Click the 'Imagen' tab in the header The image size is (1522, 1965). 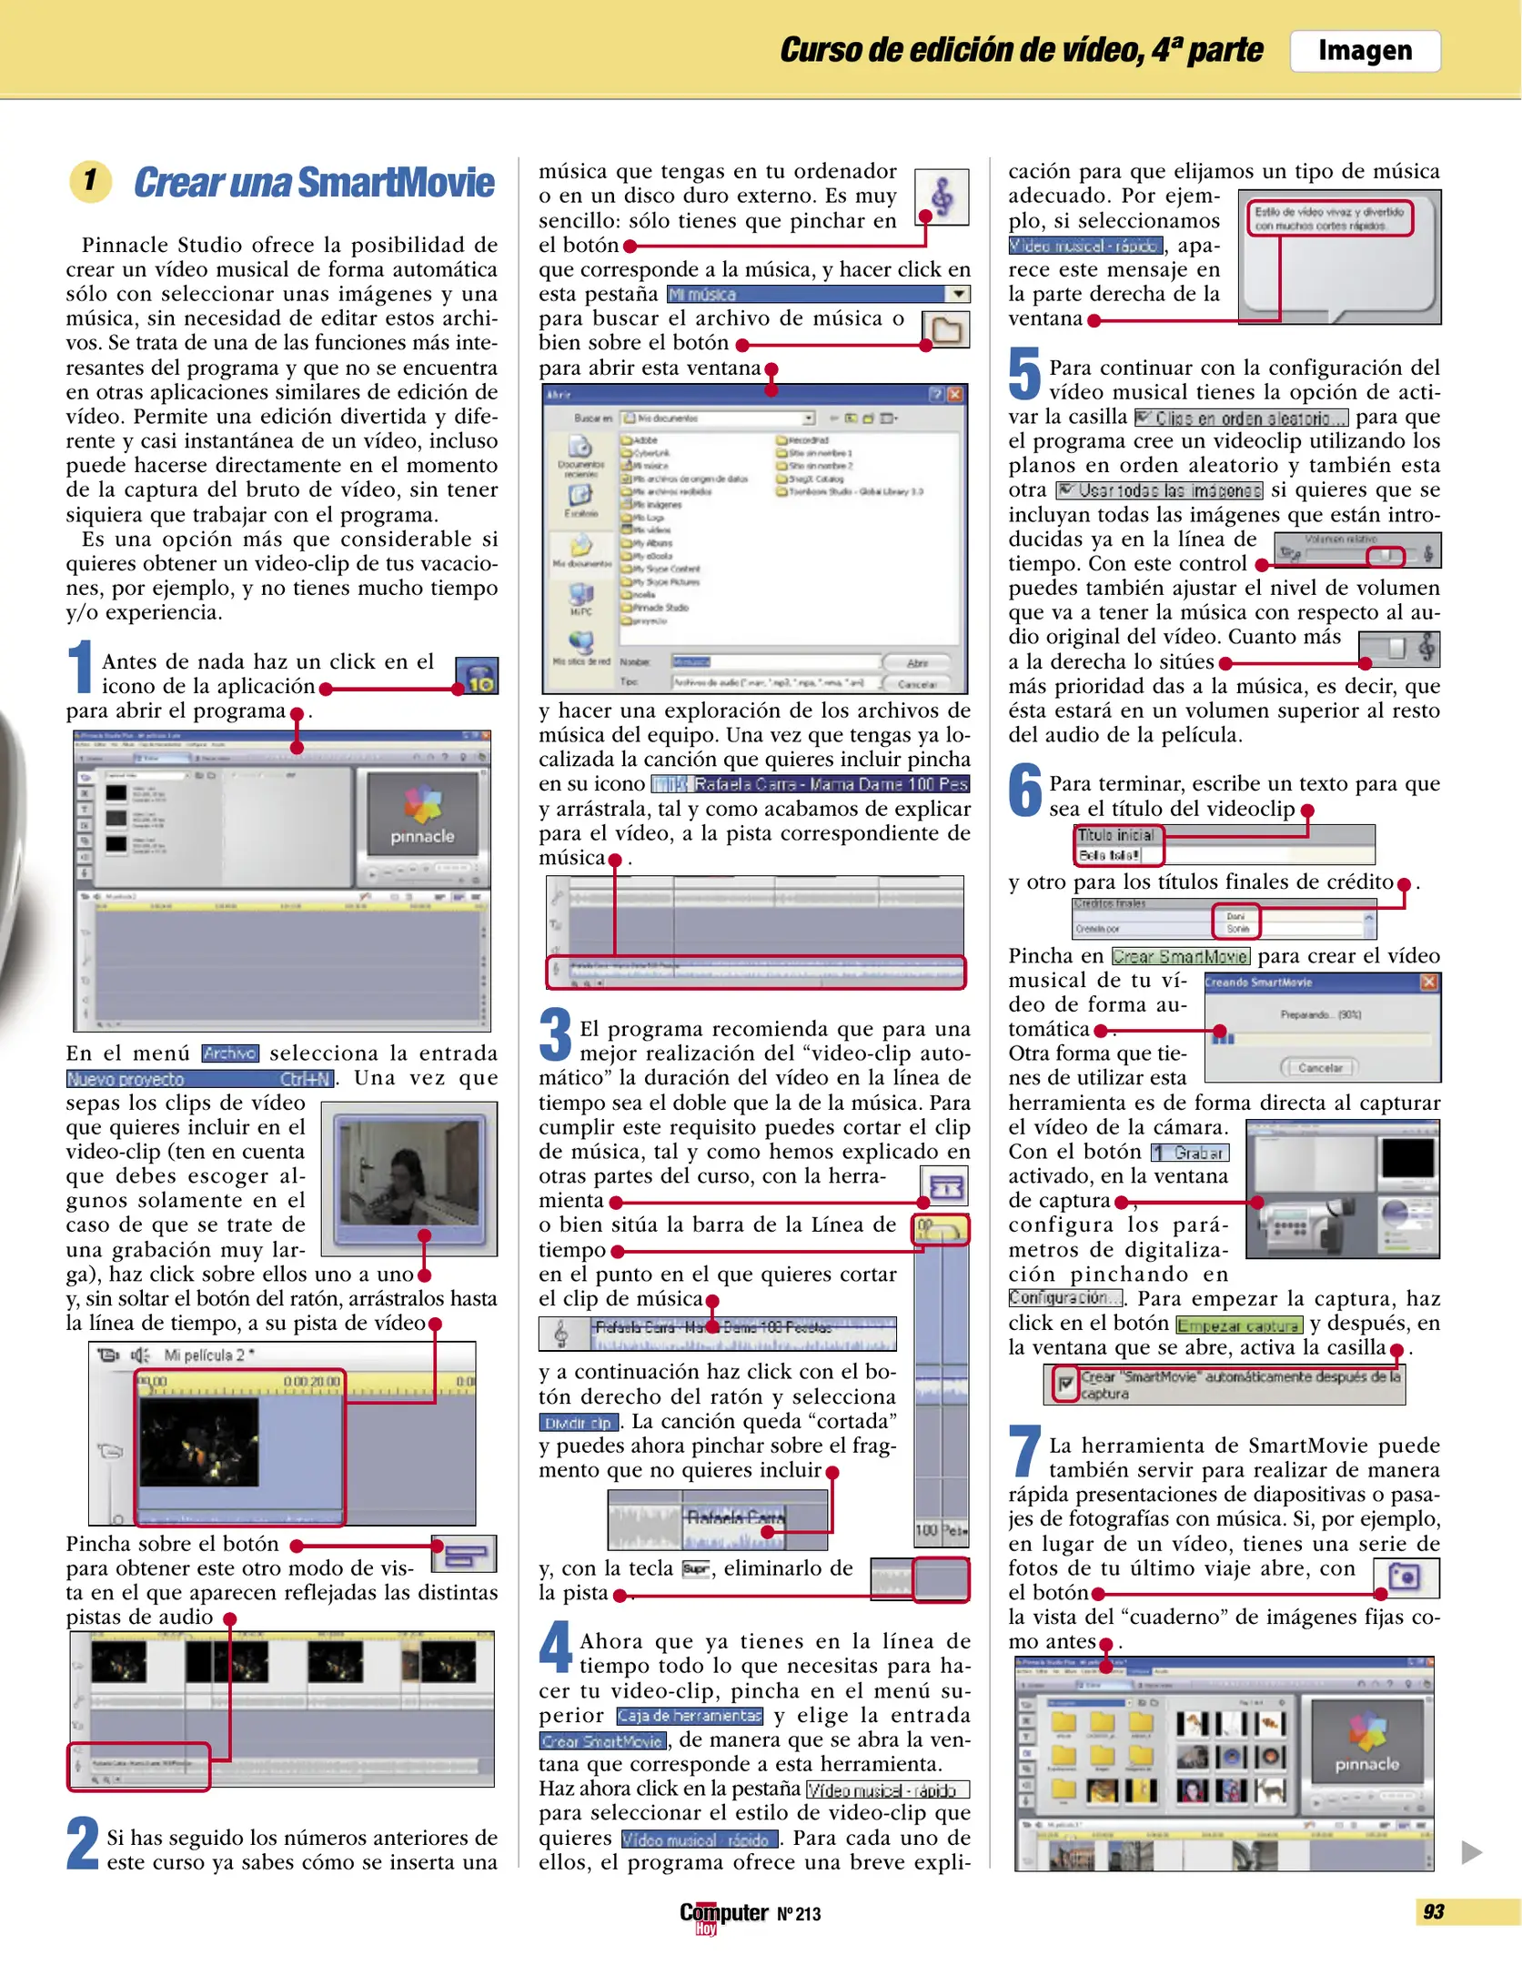click(1365, 51)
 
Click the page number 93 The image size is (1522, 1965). click(1433, 1911)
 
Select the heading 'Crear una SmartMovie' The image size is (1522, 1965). click(314, 182)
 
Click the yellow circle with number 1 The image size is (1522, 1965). click(90, 180)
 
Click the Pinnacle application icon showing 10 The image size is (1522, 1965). click(477, 676)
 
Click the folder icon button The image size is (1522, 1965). click(945, 329)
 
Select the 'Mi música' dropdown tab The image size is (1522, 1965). click(818, 294)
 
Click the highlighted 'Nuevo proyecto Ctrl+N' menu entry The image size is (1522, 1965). click(200, 1079)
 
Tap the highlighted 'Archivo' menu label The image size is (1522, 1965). click(230, 1053)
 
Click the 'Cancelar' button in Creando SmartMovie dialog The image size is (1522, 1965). click(1319, 1067)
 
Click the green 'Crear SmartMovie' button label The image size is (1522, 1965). click(1180, 956)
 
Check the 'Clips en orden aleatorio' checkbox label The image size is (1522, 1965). click(1243, 418)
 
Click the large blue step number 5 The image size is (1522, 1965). click(1024, 374)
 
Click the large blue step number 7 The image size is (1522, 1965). click(1024, 1452)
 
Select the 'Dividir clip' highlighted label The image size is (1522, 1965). click(578, 1423)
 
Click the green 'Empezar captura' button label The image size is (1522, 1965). click(1238, 1325)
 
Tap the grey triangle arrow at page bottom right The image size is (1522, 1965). click(1471, 1852)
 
